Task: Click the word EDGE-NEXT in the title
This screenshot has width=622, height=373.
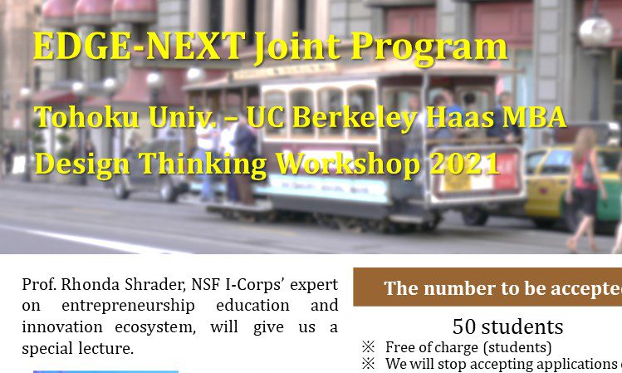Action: coord(140,46)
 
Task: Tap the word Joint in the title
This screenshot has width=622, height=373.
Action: coord(297,47)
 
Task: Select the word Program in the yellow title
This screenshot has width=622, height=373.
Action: coord(429,49)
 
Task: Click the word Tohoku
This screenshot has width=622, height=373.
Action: coord(87,117)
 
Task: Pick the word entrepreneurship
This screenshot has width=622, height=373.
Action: coord(128,307)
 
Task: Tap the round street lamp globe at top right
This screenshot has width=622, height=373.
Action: coord(595,32)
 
